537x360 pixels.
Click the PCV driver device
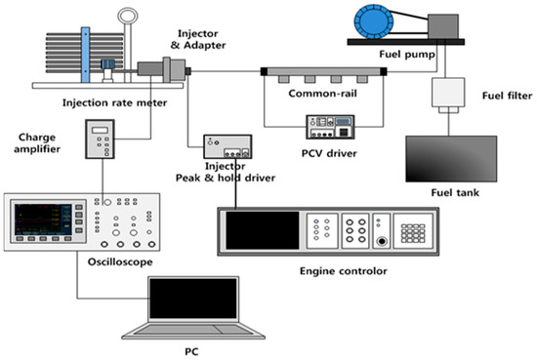pos(334,126)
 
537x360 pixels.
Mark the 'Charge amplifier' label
pos(36,143)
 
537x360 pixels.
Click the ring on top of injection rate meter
pos(126,19)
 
